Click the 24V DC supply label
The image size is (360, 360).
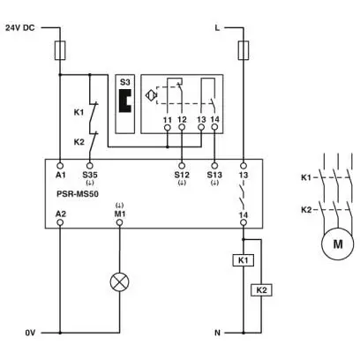(20, 28)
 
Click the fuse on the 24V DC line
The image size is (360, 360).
(60, 50)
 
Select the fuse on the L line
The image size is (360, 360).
(244, 50)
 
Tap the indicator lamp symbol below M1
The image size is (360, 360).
(119, 281)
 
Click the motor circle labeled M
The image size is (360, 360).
(337, 244)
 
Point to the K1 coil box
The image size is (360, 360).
(244, 260)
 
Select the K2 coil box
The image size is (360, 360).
(261, 290)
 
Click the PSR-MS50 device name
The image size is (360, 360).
(78, 194)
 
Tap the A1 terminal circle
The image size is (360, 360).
(60, 165)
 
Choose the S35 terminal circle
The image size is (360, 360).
(90, 165)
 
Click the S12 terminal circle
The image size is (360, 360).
(182, 165)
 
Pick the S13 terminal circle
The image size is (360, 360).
(214, 165)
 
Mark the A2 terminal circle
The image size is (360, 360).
(60, 222)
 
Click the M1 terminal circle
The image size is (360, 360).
(119, 222)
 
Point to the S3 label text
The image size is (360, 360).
(124, 82)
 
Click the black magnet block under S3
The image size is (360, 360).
(124, 100)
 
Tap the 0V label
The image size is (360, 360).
(30, 333)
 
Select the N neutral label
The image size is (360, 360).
(217, 333)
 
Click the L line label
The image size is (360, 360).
(217, 28)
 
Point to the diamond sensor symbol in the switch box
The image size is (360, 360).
(151, 95)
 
